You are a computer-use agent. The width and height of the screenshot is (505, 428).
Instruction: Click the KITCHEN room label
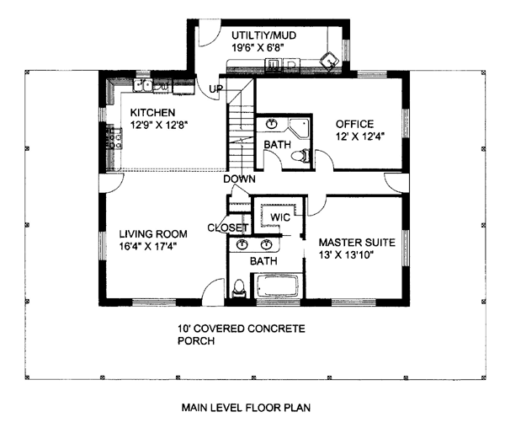click(x=152, y=113)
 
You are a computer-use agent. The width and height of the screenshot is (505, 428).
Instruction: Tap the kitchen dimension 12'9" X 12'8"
click(x=159, y=125)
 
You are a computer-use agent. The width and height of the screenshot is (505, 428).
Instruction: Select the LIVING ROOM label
click(x=153, y=234)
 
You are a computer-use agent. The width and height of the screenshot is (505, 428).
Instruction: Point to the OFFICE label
click(x=354, y=124)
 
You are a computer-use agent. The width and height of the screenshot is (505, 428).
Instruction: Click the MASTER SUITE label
click(x=357, y=243)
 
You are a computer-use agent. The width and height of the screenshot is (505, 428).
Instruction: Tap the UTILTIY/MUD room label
click(x=263, y=35)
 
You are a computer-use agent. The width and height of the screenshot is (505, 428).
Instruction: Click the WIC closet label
click(x=280, y=217)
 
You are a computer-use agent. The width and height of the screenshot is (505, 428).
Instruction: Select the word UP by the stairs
click(x=215, y=88)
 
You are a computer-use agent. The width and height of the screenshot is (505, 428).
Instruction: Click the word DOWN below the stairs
click(x=239, y=179)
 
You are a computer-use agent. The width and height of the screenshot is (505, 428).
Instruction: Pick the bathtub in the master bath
click(x=277, y=286)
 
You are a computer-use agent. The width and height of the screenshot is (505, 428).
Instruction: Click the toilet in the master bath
click(x=239, y=288)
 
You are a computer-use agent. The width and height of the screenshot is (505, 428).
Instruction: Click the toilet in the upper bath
click(x=300, y=157)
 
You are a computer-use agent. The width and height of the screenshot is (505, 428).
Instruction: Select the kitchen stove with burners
click(x=114, y=138)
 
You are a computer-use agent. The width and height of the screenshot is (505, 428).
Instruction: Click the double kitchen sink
click(x=143, y=85)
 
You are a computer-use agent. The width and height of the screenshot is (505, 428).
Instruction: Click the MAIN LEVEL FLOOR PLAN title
click(x=246, y=408)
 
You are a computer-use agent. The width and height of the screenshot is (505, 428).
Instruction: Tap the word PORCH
click(x=196, y=340)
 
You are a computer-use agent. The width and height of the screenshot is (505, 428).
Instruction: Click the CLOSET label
click(x=228, y=227)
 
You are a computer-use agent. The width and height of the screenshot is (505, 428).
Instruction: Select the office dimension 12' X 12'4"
click(x=360, y=136)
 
